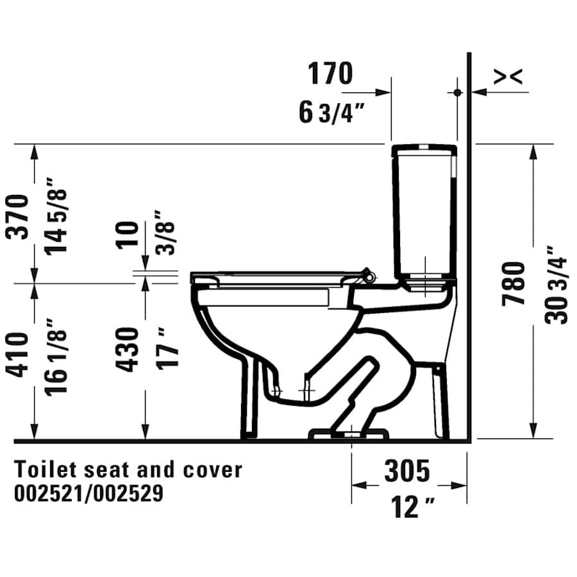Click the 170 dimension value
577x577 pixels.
[x=330, y=74]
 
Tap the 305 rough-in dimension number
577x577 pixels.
[x=407, y=471]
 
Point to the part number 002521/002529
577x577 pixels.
[x=88, y=493]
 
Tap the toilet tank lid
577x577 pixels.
[x=424, y=150]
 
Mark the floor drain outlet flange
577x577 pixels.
[x=349, y=434]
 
